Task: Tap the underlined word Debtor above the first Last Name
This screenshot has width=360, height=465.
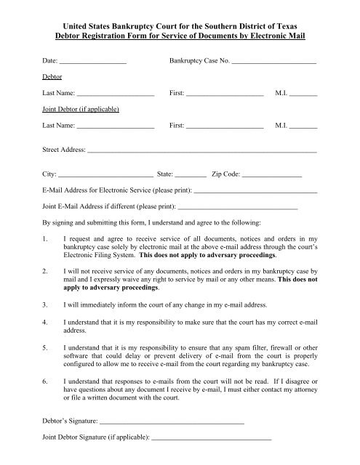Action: (x=52, y=76)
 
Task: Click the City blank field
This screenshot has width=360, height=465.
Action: (x=105, y=175)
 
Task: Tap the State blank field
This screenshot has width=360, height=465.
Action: (x=191, y=175)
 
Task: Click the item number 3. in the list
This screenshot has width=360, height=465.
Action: (x=46, y=304)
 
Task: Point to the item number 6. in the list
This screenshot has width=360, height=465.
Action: (x=46, y=380)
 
